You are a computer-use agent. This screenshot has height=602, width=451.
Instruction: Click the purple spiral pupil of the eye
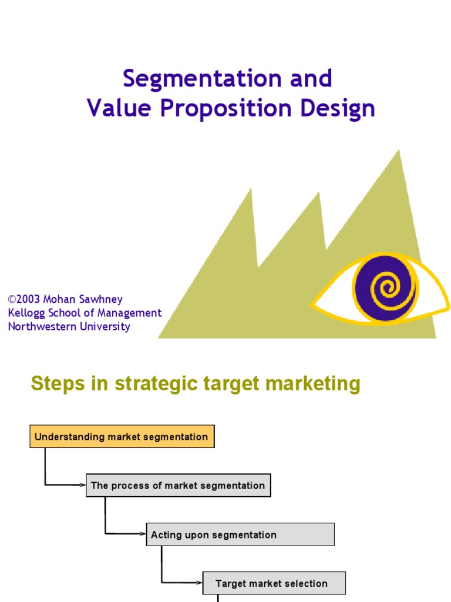pos(385,287)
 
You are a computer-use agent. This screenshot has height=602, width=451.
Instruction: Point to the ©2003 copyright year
pos(25,300)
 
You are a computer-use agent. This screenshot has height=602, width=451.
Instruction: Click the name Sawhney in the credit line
pos(102,300)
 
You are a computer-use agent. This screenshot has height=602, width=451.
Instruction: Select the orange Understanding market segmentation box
pos(122,437)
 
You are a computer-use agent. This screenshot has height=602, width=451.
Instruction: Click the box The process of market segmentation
pos(179,486)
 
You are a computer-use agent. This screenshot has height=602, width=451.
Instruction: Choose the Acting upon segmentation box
pos(240,535)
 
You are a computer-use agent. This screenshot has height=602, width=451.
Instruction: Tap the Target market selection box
pos(274,584)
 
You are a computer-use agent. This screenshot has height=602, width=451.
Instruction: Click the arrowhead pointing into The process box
pos(83,486)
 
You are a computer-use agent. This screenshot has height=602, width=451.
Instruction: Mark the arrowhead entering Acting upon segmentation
pos(143,534)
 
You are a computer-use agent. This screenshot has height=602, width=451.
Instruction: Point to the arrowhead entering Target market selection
pos(200,583)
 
